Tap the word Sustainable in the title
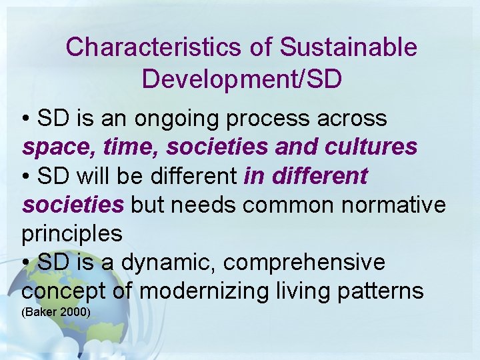pos(348,47)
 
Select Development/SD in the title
pos(242,79)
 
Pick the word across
pos(356,119)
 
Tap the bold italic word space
pos(52,147)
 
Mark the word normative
pos(397,205)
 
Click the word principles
pos(72,234)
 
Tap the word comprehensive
pos(305,263)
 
